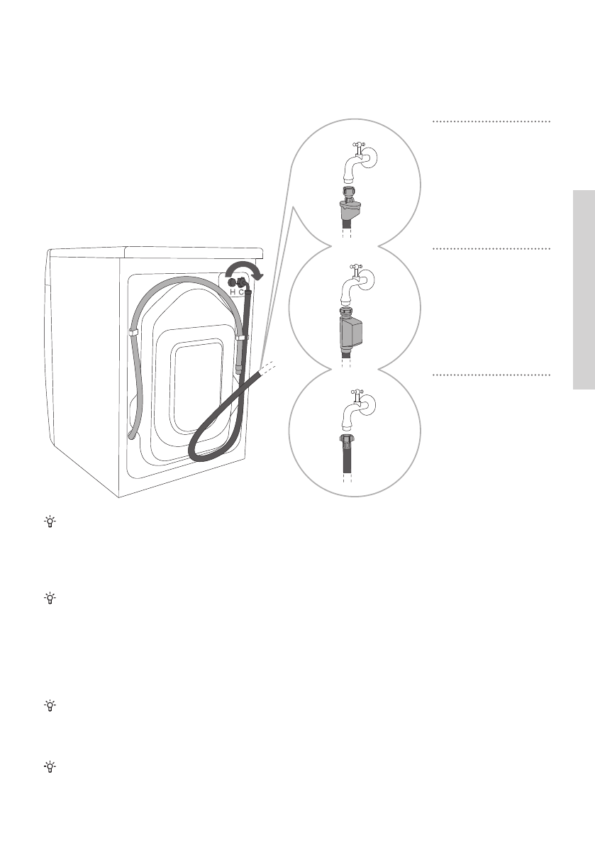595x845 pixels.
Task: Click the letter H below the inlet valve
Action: point(232,292)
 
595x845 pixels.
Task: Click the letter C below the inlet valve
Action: point(242,292)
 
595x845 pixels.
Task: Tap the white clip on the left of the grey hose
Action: point(133,331)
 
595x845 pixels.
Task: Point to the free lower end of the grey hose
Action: point(129,435)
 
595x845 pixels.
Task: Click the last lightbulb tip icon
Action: point(51,768)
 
